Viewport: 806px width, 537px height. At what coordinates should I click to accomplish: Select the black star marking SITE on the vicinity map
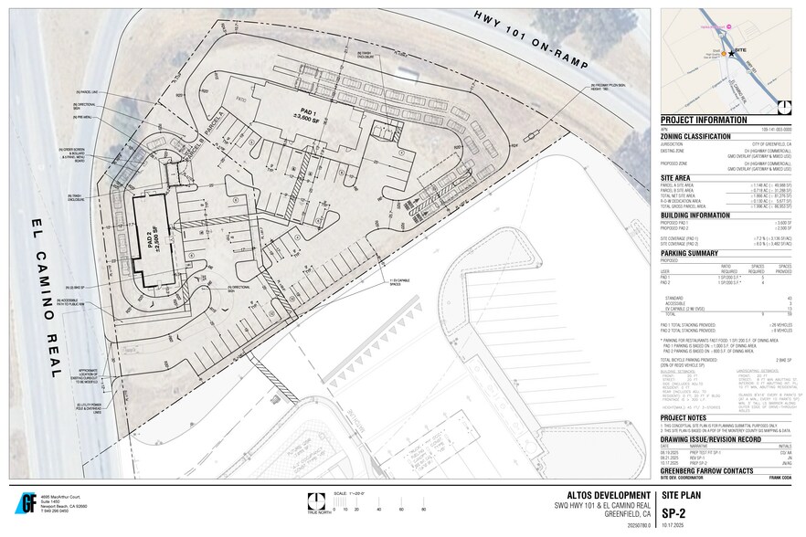(731, 54)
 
